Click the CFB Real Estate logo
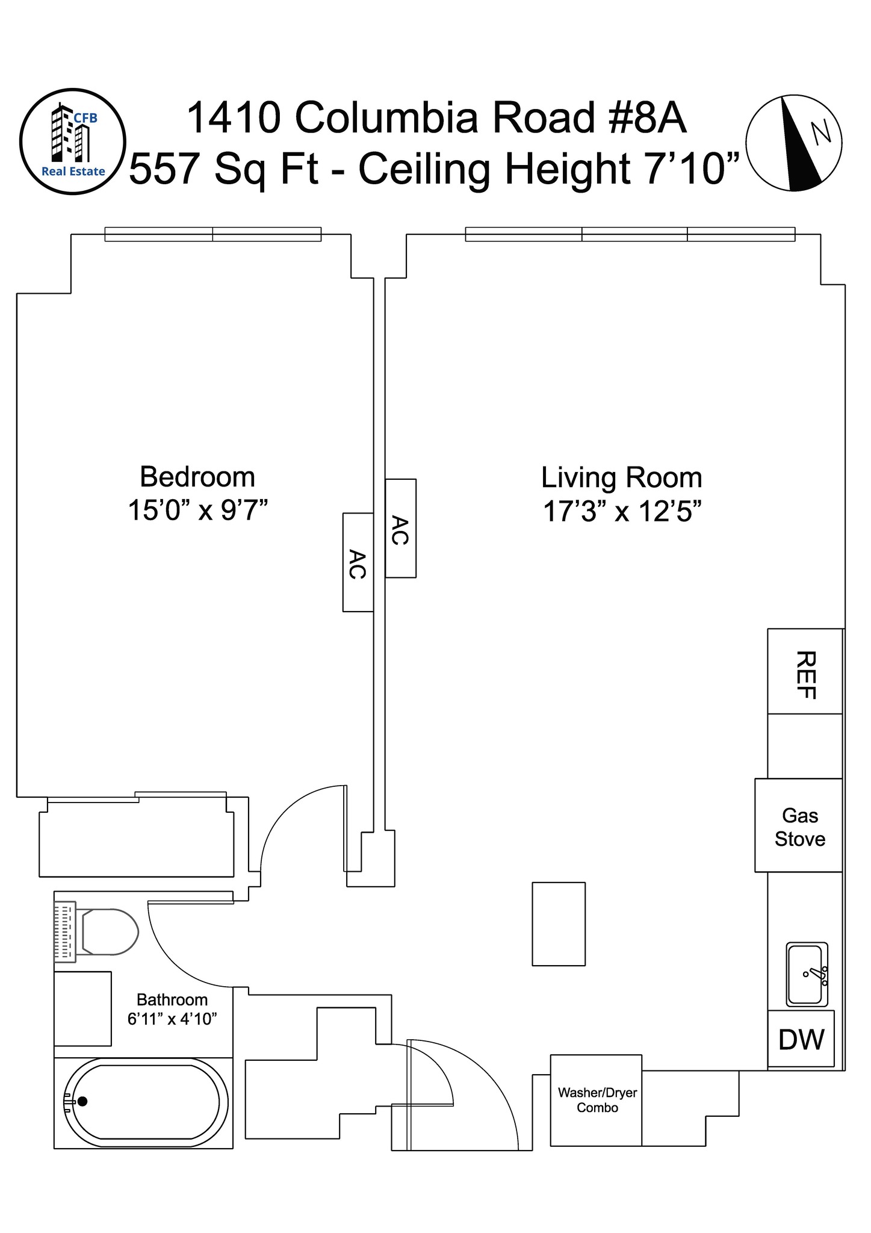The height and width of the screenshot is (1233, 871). tap(72, 141)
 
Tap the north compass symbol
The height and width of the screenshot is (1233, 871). tap(794, 143)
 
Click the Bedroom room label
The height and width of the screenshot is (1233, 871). tap(197, 477)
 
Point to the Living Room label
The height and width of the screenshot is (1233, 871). tap(622, 478)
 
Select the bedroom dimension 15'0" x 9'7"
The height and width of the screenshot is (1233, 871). tap(197, 511)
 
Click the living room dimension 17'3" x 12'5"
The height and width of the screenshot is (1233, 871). tap(622, 512)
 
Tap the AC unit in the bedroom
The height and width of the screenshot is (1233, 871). tap(358, 562)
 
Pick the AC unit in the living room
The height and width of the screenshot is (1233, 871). tap(400, 529)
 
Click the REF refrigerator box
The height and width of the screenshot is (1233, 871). tap(805, 671)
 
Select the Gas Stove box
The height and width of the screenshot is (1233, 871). tap(799, 825)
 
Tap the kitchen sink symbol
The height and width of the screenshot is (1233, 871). tap(807, 974)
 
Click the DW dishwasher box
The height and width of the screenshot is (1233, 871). tap(801, 1039)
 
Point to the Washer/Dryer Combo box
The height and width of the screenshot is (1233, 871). tap(596, 1100)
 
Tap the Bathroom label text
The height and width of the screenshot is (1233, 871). tap(172, 1000)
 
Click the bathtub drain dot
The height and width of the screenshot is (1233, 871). tap(82, 1101)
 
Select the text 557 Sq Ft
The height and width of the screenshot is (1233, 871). tap(224, 169)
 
